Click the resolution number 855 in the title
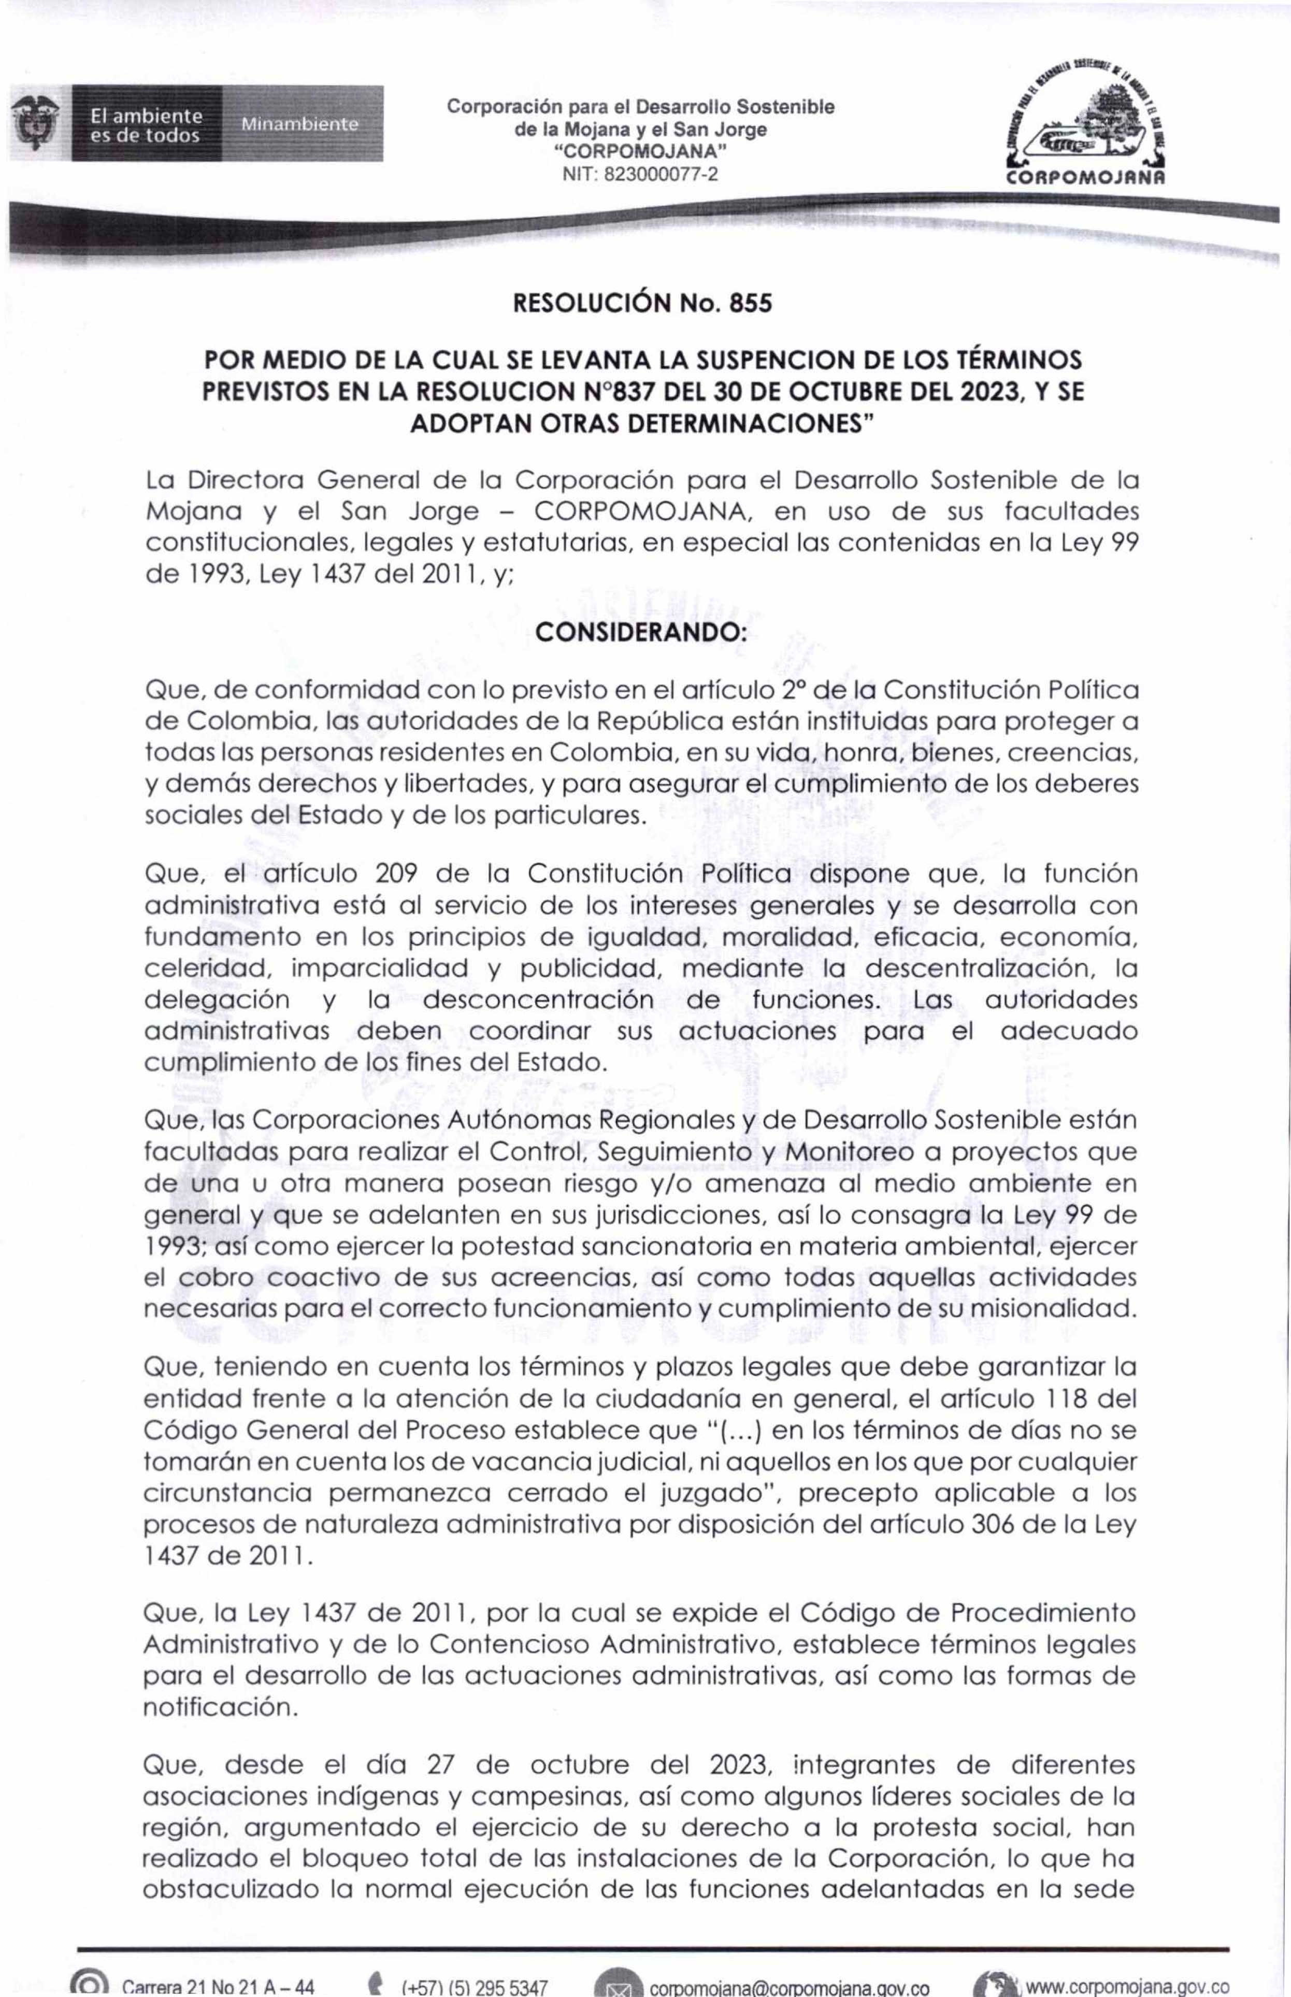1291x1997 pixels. click(750, 303)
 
